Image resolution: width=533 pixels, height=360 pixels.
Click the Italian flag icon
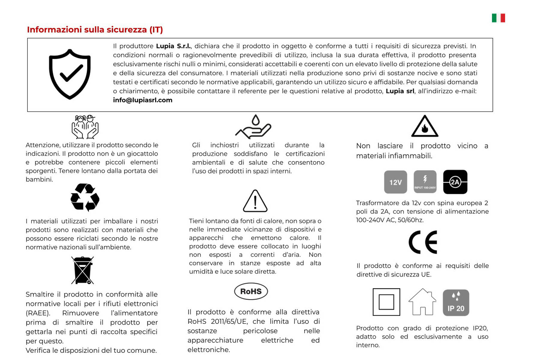(498, 18)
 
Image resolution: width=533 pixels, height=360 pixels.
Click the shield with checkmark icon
(70, 74)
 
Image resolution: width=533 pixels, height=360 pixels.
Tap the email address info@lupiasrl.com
(143, 100)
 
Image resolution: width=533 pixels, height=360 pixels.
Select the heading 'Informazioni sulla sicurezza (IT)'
(95, 30)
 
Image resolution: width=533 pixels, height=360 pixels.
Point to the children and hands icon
(85, 127)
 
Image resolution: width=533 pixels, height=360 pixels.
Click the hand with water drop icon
(254, 127)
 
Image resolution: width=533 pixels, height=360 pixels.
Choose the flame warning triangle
(425, 127)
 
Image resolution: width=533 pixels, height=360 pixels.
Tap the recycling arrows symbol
(85, 197)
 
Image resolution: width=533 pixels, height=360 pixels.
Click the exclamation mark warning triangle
(255, 201)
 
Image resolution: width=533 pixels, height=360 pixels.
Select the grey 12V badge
(395, 182)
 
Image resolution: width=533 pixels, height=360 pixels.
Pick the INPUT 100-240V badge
(425, 182)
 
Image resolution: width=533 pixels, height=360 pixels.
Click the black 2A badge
(455, 182)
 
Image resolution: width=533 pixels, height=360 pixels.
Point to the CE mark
(423, 242)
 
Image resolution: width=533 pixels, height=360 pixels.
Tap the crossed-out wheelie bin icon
(82, 270)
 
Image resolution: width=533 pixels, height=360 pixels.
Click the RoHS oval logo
(251, 291)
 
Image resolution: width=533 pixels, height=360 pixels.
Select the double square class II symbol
(386, 302)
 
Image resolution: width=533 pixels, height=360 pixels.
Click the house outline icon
(422, 302)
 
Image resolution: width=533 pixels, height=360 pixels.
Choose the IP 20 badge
(456, 303)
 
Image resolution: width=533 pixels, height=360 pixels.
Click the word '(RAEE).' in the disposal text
(38, 313)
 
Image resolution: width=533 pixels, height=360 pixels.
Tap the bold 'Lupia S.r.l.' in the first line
(173, 46)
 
